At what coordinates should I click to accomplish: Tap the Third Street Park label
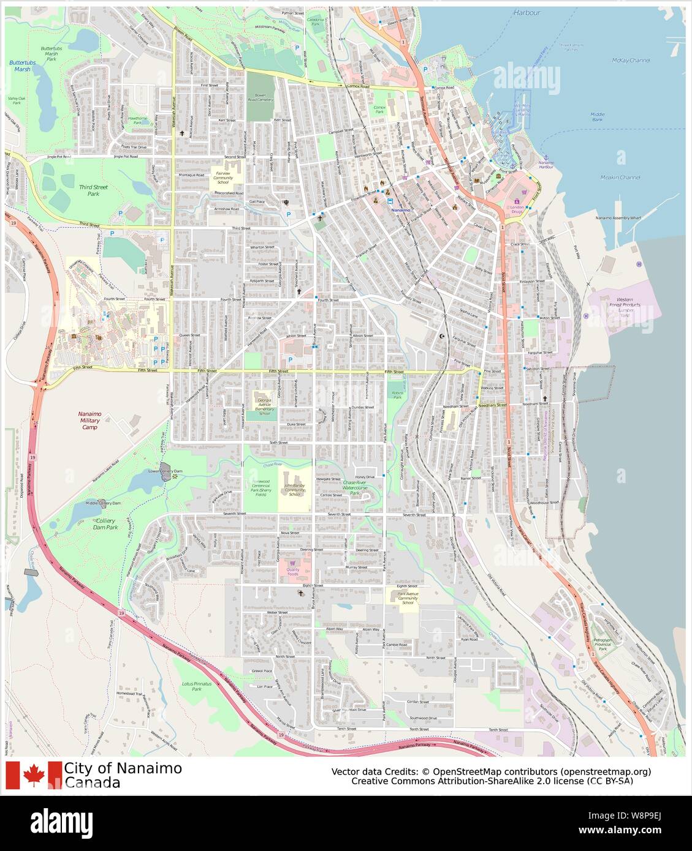[89, 189]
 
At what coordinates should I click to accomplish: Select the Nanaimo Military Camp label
[89, 421]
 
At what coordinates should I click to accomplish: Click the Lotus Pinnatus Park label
[196, 686]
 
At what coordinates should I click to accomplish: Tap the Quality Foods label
[292, 572]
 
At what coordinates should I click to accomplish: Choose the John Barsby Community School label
[294, 489]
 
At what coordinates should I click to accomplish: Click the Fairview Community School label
[222, 178]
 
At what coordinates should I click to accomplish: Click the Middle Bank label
[597, 116]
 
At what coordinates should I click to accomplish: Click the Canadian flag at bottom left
[34, 775]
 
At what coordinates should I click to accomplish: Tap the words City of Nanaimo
[123, 768]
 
